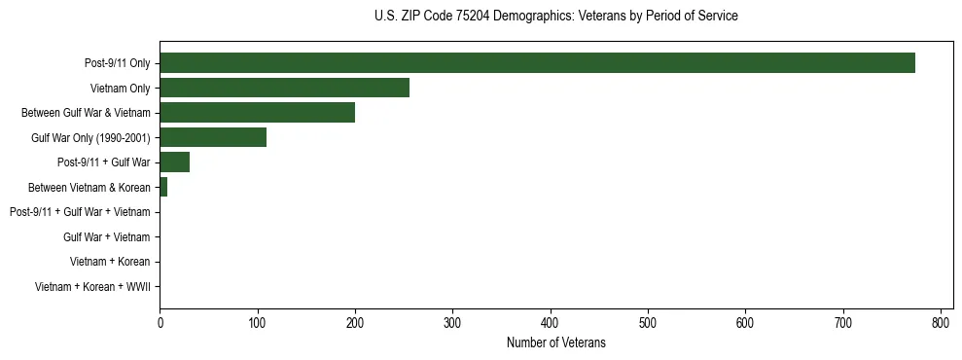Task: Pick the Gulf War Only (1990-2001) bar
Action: pos(213,138)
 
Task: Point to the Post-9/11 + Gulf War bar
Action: pos(174,162)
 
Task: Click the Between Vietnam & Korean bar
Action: pos(163,187)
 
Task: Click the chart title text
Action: pos(555,17)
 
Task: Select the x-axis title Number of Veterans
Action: pos(555,342)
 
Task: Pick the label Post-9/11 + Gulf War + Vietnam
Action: pos(80,212)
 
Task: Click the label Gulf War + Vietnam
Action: pos(107,237)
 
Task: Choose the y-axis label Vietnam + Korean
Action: pos(110,262)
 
